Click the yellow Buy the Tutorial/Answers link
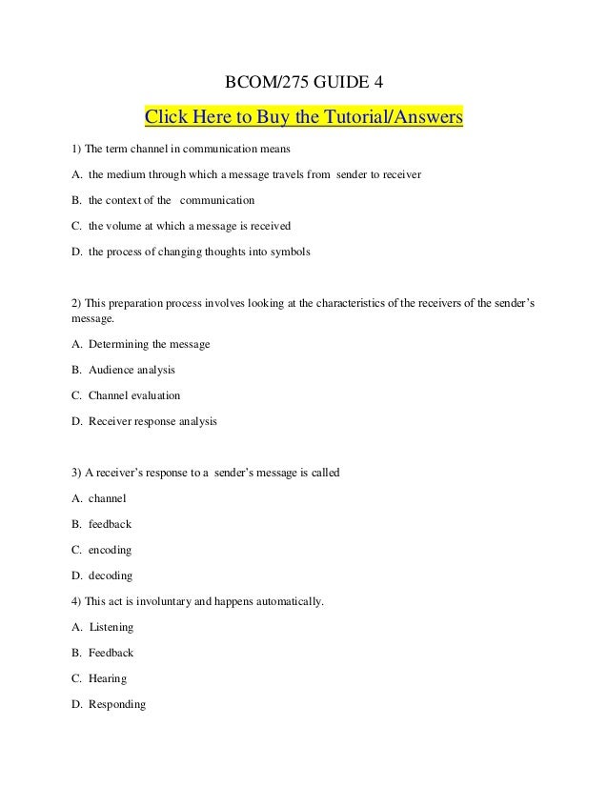303,117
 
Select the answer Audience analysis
132,369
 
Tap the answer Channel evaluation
134,393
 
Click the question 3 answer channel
106,499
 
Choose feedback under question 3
110,524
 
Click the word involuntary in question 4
168,602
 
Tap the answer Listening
111,628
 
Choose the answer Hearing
108,679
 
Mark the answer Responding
117,705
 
